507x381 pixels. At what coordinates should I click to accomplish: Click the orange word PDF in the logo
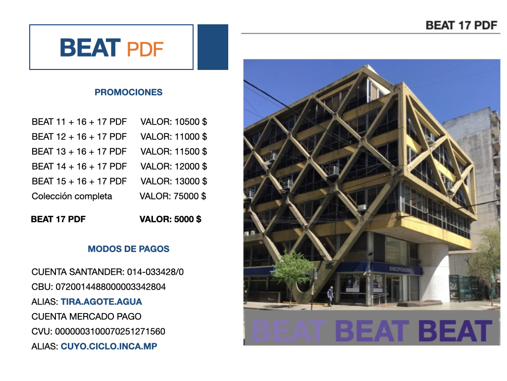[x=145, y=49]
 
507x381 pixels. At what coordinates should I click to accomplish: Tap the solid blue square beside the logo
[x=213, y=47]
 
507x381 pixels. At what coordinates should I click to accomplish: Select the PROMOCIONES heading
[x=128, y=92]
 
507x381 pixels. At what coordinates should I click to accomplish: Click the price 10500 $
[x=191, y=122]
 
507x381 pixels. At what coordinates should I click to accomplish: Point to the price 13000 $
[x=191, y=182]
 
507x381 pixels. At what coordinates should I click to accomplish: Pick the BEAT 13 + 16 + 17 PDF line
[x=79, y=152]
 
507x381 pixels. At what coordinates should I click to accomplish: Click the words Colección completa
[x=72, y=196]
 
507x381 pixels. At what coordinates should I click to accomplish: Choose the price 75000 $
[x=190, y=196]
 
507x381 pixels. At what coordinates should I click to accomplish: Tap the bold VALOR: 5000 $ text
[x=170, y=219]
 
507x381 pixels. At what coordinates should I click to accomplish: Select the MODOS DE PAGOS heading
[x=128, y=249]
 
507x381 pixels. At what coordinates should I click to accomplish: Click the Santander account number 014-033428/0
[x=155, y=272]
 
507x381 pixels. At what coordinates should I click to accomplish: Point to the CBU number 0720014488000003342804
[x=110, y=287]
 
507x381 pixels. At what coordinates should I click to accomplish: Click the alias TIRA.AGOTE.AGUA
[x=101, y=302]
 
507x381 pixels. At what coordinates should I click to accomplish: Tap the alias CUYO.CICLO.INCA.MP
[x=109, y=346]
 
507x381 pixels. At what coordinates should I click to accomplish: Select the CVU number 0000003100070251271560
[x=110, y=331]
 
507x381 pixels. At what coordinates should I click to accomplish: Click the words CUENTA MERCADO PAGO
[x=86, y=317]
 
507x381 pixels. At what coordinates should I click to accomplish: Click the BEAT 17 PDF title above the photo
[x=461, y=25]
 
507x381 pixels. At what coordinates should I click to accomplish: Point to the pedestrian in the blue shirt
[x=330, y=296]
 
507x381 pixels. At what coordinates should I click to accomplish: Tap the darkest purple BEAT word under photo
[x=456, y=331]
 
